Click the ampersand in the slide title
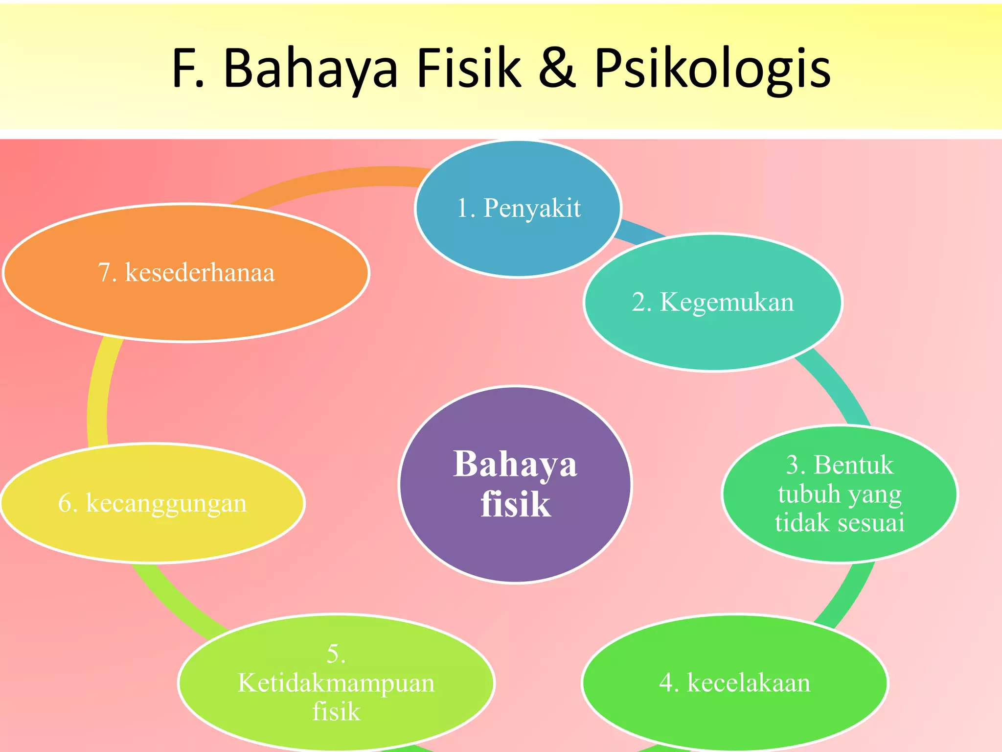(x=557, y=70)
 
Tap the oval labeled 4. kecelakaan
(x=734, y=682)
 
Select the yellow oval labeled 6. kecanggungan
(x=153, y=503)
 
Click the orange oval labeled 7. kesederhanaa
(x=186, y=272)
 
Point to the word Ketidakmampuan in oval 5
(x=336, y=682)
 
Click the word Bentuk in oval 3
(x=854, y=465)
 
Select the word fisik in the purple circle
(x=516, y=504)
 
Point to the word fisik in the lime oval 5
(x=336, y=711)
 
